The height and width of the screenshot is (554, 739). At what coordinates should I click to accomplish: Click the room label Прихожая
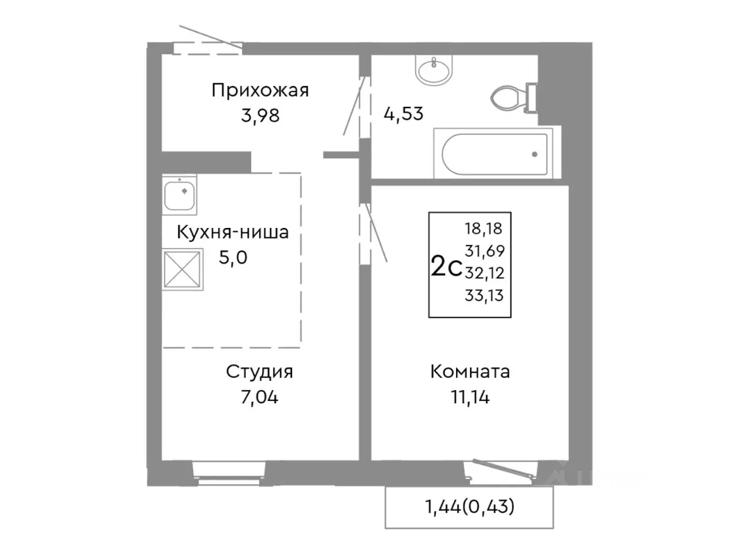260,90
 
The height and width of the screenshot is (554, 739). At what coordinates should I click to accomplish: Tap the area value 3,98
260,115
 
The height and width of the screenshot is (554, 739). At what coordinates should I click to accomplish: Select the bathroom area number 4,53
404,113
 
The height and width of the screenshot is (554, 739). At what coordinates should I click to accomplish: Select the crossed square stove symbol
182,268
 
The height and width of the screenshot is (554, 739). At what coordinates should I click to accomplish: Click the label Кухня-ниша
232,233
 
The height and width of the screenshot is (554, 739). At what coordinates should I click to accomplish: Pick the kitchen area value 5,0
233,257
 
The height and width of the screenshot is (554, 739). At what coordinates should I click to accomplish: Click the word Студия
259,372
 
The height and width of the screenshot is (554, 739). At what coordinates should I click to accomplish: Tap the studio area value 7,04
259,397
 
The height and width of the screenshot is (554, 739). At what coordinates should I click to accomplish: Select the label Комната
470,372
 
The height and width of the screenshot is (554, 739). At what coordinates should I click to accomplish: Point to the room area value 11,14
470,397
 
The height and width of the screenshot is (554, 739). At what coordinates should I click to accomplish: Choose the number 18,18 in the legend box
484,229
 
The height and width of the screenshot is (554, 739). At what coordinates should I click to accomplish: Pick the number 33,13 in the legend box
484,295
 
